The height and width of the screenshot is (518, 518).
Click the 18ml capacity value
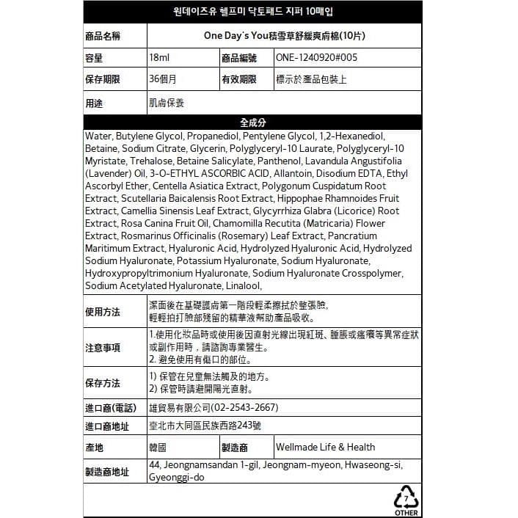pyautogui.click(x=159, y=57)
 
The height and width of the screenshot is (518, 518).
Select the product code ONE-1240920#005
pyautogui.click(x=317, y=57)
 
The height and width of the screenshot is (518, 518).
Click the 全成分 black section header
pyautogui.click(x=252, y=122)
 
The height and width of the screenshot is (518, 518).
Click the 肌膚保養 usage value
pyautogui.click(x=167, y=103)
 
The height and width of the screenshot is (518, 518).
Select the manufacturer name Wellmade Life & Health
pyautogui.click(x=325, y=447)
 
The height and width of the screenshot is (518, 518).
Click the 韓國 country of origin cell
pyautogui.click(x=158, y=447)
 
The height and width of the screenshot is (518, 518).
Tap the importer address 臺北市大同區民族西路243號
pyautogui.click(x=205, y=426)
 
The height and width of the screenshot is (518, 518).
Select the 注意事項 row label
pyautogui.click(x=103, y=347)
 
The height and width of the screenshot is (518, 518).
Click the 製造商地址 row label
pyautogui.click(x=107, y=472)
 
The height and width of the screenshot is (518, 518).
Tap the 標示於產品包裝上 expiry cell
pyautogui.click(x=311, y=79)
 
